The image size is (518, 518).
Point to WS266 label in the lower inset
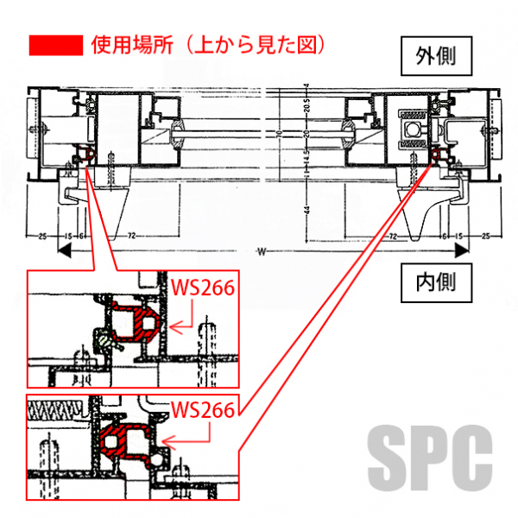point(204,409)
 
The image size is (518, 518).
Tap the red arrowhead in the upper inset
point(174,326)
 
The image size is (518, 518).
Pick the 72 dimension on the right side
point(394,235)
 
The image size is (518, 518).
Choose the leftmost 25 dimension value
point(41,235)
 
